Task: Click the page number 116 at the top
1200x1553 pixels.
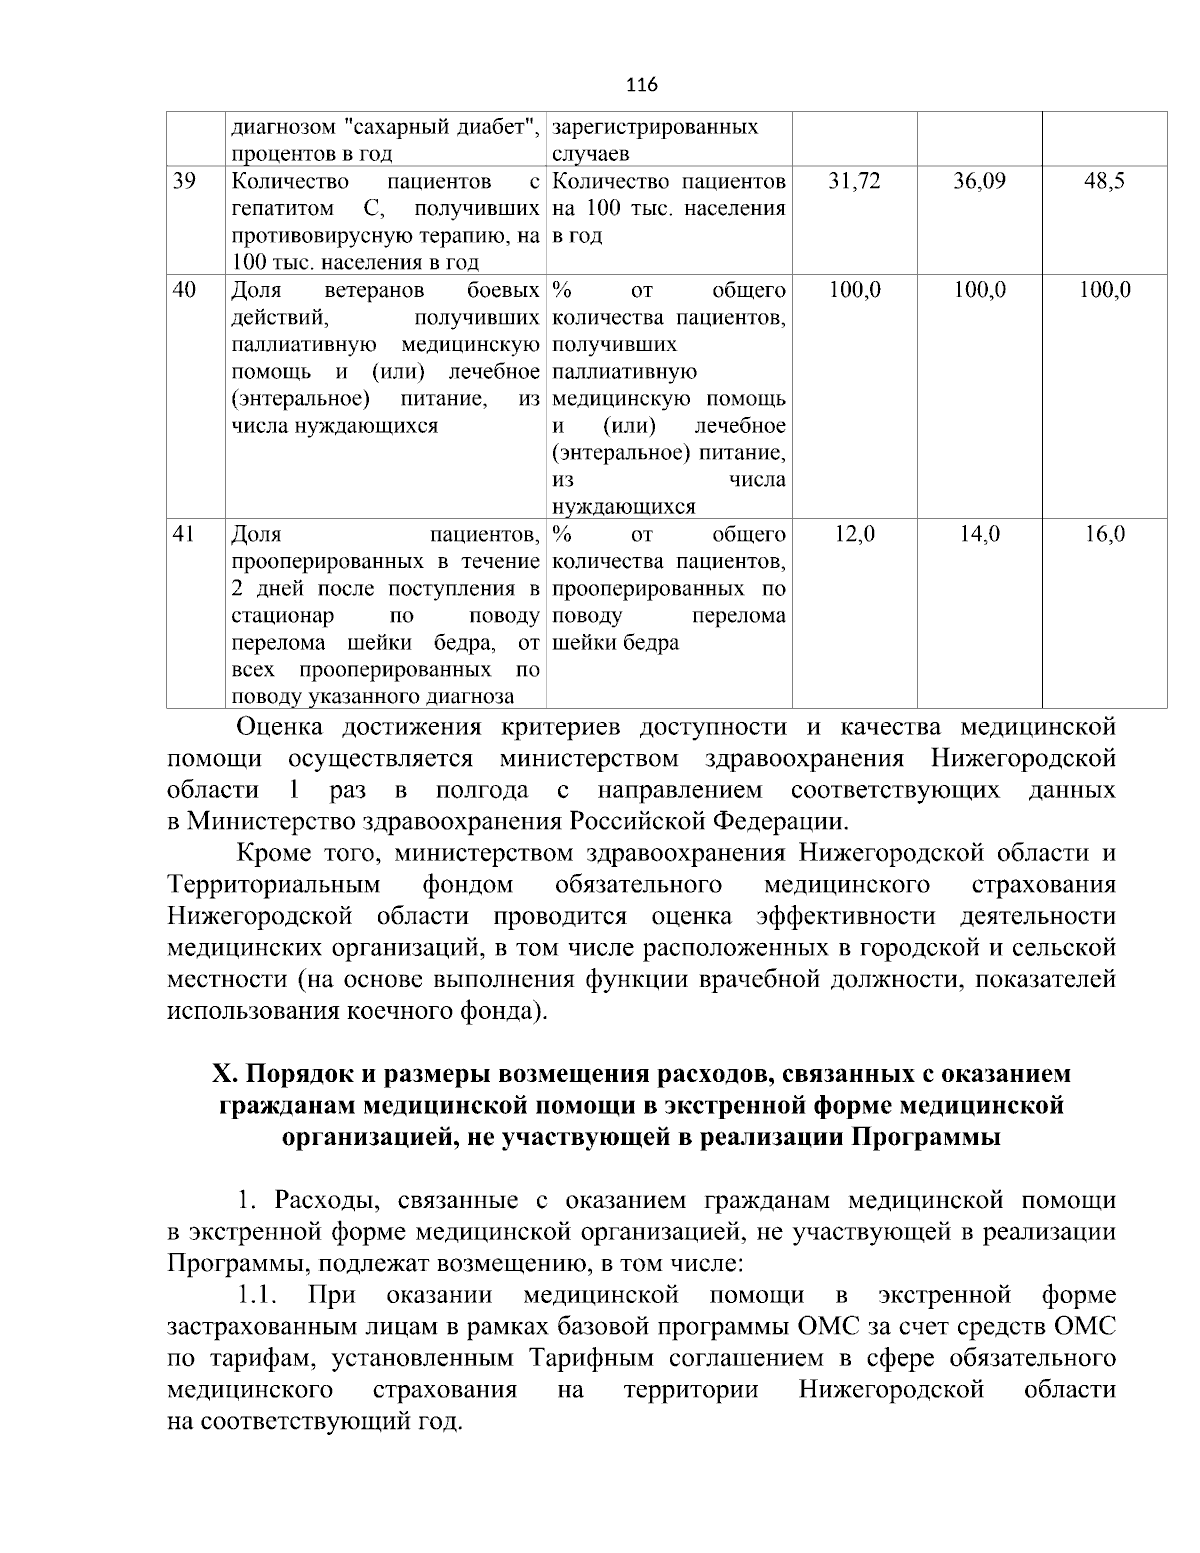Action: (642, 84)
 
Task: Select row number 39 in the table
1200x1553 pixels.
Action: (184, 182)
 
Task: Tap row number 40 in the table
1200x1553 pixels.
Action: (184, 291)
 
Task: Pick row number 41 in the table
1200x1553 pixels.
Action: (184, 534)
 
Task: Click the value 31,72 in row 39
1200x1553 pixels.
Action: (855, 182)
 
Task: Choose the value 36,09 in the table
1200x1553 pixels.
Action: (980, 182)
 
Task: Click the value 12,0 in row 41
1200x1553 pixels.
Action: (855, 534)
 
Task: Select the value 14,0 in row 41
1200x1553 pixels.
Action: (980, 534)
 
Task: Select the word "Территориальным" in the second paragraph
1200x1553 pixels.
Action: (274, 885)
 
